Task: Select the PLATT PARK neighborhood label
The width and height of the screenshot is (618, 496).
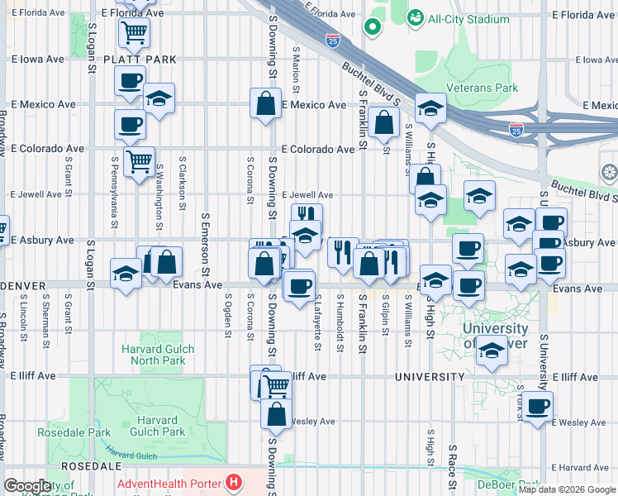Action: [139, 60]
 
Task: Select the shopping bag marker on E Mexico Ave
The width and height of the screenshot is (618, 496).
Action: [265, 104]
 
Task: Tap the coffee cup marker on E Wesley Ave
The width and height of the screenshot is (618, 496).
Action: [537, 406]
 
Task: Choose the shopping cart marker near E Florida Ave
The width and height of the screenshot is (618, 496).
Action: [133, 33]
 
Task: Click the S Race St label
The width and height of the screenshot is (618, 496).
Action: [453, 463]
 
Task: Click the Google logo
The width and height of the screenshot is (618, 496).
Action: [28, 485]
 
